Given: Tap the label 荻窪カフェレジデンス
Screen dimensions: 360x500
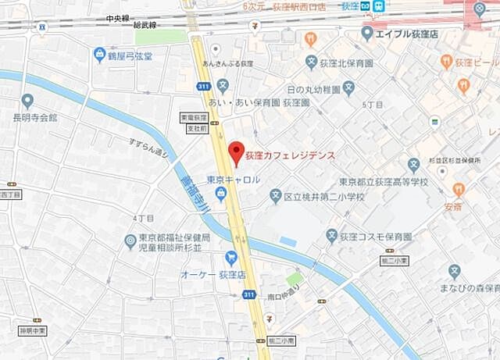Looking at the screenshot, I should point(290,155).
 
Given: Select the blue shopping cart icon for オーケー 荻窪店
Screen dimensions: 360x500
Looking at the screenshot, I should point(231,257).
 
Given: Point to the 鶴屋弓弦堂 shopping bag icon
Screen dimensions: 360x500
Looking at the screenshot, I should point(99,54).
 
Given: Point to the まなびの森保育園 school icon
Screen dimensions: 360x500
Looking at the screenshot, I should point(455,271).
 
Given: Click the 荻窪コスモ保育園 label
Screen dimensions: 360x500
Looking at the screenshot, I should point(380,235).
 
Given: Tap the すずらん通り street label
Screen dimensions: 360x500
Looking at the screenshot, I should point(148,148).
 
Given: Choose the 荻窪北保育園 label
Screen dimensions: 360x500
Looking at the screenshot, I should point(348,62).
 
